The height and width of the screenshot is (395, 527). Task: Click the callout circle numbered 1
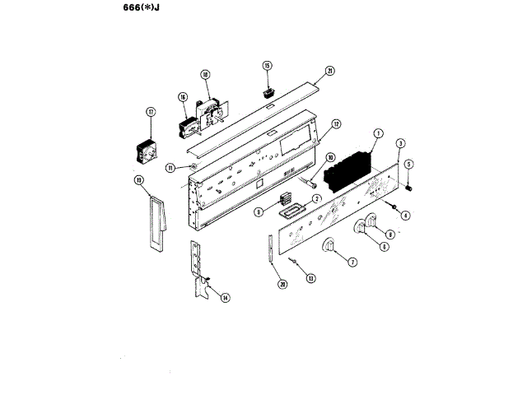[379, 133]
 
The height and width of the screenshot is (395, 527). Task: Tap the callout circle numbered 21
[330, 71]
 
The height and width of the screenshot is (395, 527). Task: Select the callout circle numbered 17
[151, 112]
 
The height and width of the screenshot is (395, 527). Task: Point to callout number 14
[225, 298]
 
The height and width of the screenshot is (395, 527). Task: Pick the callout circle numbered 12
[336, 125]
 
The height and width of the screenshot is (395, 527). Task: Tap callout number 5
[409, 164]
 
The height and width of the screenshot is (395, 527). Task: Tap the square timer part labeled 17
[147, 151]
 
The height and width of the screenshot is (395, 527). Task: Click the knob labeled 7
[329, 247]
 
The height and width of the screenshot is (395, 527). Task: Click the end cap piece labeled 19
[156, 221]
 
